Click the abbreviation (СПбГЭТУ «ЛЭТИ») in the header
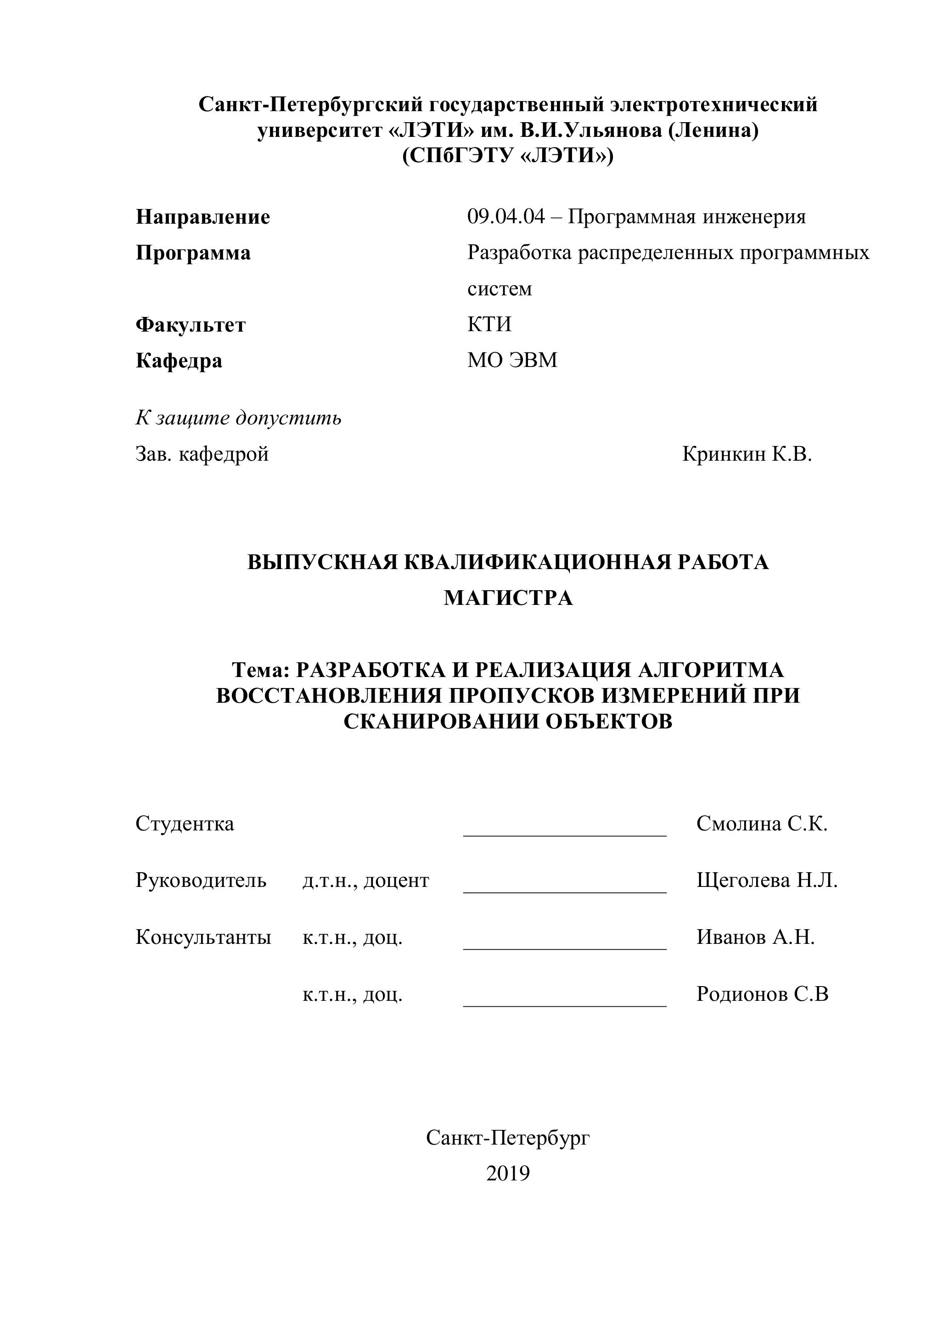507,156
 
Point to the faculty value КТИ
489,324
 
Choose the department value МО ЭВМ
512,360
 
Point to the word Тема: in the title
261,670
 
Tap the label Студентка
185,824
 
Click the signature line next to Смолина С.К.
564,835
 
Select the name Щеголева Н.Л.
767,880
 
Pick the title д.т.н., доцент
365,880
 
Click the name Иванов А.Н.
755,937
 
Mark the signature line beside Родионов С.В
564,1005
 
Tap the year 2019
507,1174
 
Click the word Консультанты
203,937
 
